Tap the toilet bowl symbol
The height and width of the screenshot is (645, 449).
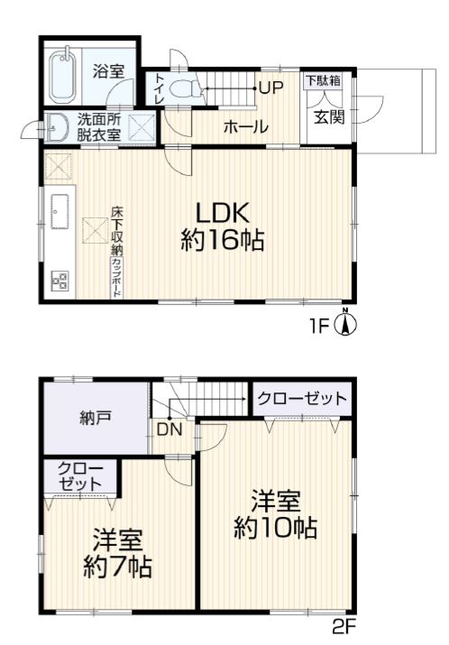184,88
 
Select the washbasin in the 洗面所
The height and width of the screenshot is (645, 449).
57,127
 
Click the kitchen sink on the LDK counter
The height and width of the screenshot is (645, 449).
60,211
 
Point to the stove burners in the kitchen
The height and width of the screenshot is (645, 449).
60,281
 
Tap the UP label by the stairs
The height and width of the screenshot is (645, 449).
271,88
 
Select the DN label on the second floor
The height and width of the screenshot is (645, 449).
170,429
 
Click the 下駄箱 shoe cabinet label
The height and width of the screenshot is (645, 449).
323,80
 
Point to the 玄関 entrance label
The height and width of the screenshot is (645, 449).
328,117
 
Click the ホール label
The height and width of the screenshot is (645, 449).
246,126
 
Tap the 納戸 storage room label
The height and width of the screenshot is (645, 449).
96,419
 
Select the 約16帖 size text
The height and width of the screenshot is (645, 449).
223,239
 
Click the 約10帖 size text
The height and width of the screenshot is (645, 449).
276,528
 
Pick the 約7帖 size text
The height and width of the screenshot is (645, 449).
118,567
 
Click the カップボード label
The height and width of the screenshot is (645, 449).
116,277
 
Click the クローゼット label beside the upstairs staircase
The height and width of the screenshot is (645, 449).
302,398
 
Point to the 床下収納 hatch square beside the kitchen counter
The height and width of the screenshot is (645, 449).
96,231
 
